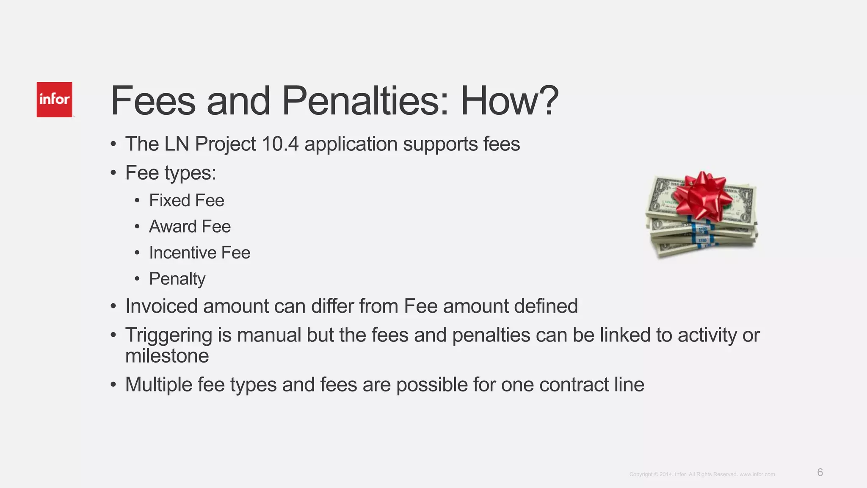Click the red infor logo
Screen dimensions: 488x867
54,100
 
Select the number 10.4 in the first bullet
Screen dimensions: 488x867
280,144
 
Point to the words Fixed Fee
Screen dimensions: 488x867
186,200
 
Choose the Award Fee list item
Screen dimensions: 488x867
190,227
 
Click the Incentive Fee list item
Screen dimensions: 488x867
199,253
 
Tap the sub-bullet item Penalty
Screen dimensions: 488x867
177,279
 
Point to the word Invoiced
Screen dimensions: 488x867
161,306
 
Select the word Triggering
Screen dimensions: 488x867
168,335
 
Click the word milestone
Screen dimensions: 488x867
167,356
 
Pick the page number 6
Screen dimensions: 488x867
820,472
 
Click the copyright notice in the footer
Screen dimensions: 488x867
702,474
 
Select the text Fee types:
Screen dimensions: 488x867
171,173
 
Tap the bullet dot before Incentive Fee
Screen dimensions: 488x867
137,253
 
